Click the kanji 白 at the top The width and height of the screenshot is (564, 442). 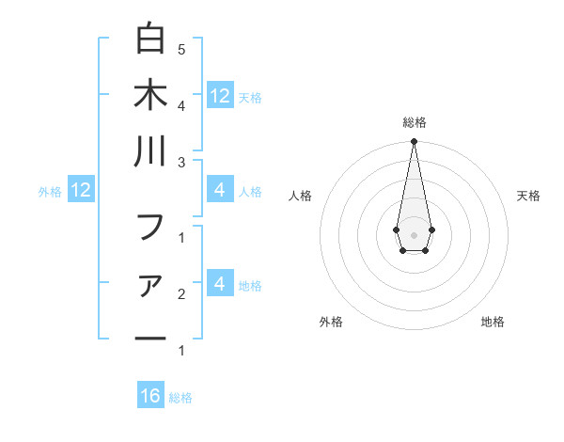click(x=150, y=39)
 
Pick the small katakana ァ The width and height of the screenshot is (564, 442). click(x=150, y=286)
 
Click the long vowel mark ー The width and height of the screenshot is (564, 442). click(x=150, y=339)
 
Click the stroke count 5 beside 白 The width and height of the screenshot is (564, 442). click(x=181, y=48)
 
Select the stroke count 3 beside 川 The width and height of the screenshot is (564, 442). click(x=181, y=161)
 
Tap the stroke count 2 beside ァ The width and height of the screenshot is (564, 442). click(x=181, y=294)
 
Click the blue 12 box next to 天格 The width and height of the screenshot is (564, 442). click(x=219, y=95)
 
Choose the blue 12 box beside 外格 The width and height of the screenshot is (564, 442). click(x=80, y=191)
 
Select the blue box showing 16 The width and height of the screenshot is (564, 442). click(x=150, y=396)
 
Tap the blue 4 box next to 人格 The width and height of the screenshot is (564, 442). click(x=219, y=191)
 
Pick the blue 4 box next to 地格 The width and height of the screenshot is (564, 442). click(x=219, y=283)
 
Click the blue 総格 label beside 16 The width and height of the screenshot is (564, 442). click(x=180, y=398)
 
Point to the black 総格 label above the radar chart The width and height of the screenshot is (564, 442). click(x=414, y=122)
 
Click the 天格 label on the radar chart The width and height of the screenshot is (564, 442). click(x=529, y=196)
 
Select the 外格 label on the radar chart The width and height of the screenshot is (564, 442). click(x=331, y=322)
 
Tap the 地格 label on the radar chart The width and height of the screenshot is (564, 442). click(x=493, y=322)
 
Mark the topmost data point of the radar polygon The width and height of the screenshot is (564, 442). click(x=414, y=141)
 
